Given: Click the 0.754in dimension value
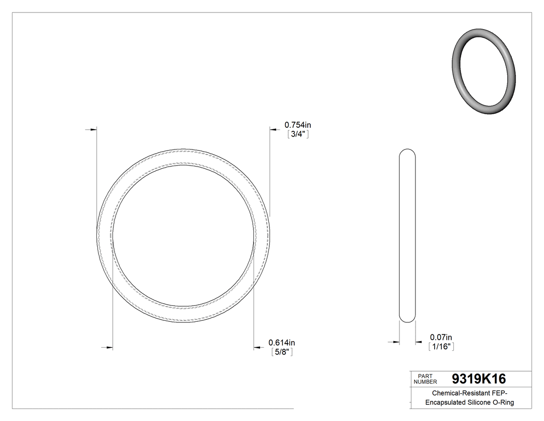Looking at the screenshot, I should pos(297,125).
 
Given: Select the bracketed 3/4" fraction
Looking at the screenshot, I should pos(298,134).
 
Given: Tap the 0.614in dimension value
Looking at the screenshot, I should pos(281,343).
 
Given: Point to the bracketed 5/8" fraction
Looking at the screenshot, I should pos(282,352).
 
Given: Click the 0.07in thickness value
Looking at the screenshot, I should pos(441,337).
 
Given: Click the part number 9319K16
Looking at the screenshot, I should pos(479,379).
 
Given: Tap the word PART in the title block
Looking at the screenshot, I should pos(424,376).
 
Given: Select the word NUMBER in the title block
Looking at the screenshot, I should pos(425,382).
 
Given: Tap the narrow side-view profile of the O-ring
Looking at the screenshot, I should pos(407,236).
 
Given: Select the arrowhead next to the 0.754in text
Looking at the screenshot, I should pos(273,129).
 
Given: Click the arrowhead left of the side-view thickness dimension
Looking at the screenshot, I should pos(396,342).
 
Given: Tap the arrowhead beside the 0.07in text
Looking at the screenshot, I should pos(419,342).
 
